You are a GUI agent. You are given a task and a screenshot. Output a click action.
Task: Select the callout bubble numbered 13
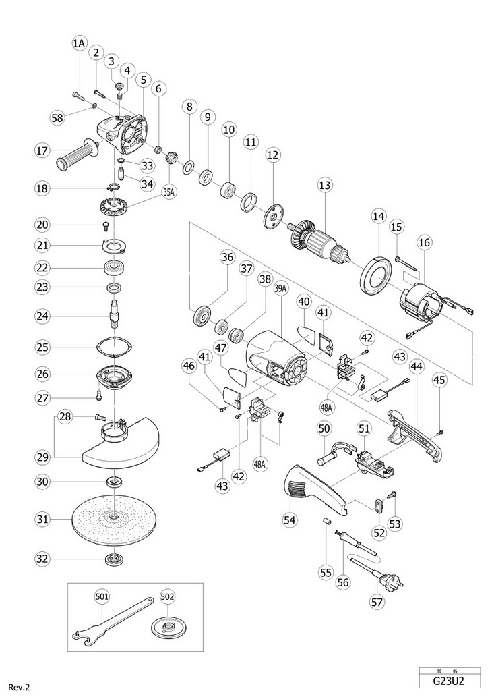pos(325,184)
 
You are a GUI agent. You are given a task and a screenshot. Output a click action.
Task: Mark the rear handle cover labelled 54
pos(315,489)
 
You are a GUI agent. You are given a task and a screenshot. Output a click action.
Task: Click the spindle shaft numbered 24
pos(114,316)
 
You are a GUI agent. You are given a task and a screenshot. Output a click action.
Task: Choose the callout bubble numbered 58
pos(58,118)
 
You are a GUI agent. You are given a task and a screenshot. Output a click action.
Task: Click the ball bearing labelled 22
pos(114,269)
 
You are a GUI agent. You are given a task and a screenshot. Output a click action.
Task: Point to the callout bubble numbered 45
pos(440,380)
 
